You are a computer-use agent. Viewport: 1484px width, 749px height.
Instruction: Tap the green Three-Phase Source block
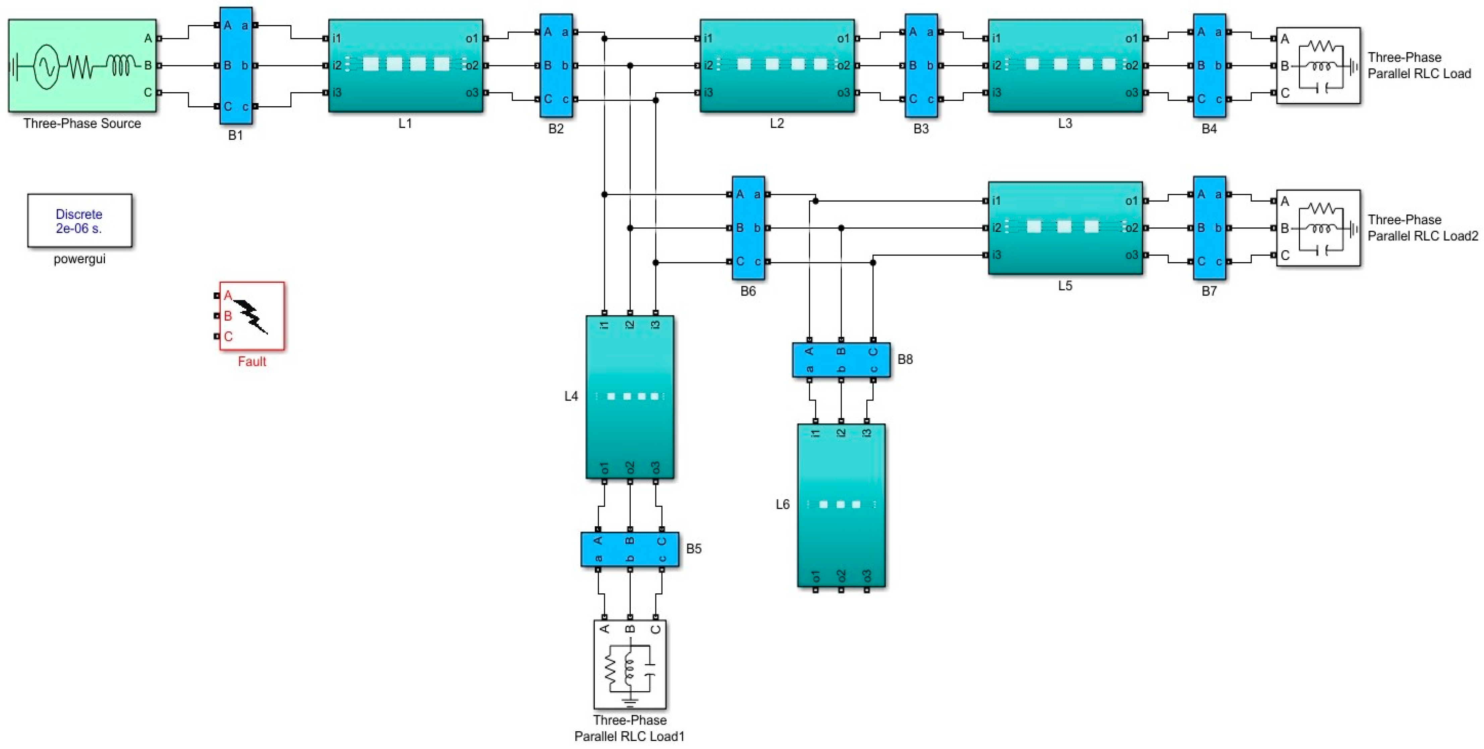[x=82, y=65]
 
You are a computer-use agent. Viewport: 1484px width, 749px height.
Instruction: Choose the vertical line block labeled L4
[x=630, y=396]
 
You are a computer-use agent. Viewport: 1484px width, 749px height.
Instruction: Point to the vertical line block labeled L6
[x=841, y=505]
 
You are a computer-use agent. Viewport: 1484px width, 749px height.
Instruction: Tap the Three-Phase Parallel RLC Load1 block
[x=630, y=664]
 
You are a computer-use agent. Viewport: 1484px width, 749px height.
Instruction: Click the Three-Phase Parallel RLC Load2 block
[x=1318, y=228]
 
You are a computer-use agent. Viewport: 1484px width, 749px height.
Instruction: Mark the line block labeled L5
[x=1065, y=227]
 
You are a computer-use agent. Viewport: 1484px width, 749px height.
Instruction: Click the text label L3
[x=1065, y=123]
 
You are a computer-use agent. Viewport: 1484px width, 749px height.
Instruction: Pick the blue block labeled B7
[x=1209, y=227]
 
